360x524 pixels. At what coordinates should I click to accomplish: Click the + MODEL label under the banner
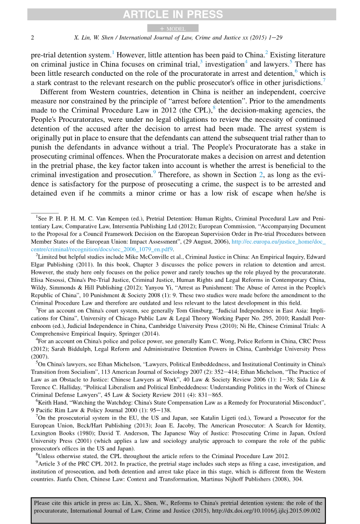coord(173,29)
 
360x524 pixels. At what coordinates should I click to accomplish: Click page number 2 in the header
coord(33,38)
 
